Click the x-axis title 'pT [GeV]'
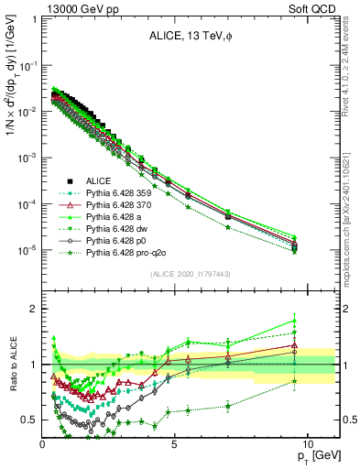pyautogui.click(x=315, y=454)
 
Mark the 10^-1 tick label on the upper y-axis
pyautogui.click(x=27, y=66)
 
